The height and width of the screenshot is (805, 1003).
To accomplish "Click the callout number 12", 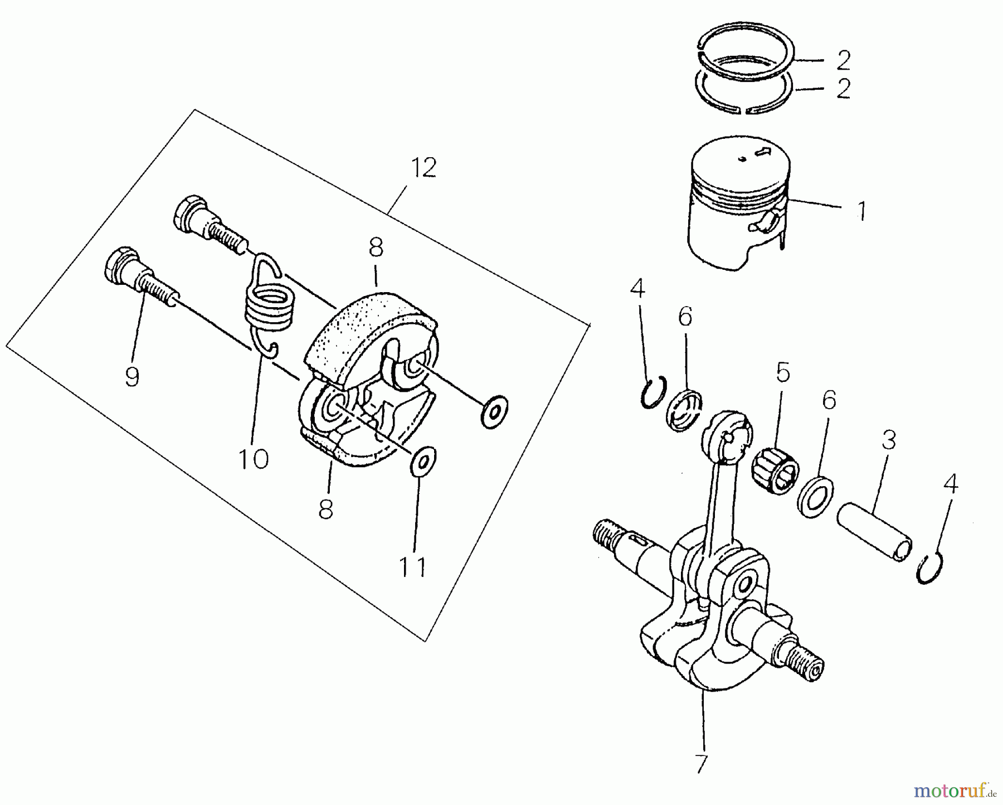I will (423, 168).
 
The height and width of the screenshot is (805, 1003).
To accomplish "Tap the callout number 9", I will (132, 377).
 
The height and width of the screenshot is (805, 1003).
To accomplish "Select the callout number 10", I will (253, 459).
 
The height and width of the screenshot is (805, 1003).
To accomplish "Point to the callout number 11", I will (413, 567).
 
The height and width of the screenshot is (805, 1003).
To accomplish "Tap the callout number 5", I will (783, 372).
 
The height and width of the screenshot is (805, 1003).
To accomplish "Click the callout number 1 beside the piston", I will (861, 211).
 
